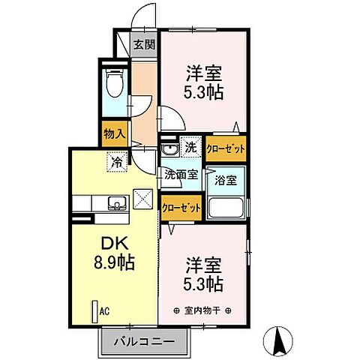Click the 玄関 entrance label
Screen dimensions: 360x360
[145, 44]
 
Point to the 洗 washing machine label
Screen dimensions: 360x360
[190, 147]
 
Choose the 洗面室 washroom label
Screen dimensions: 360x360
[181, 174]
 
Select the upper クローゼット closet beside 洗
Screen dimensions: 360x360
[225, 148]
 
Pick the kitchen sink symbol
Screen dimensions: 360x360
[118, 202]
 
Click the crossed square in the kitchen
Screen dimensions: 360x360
[142, 198]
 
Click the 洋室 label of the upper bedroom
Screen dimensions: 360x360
[203, 75]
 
